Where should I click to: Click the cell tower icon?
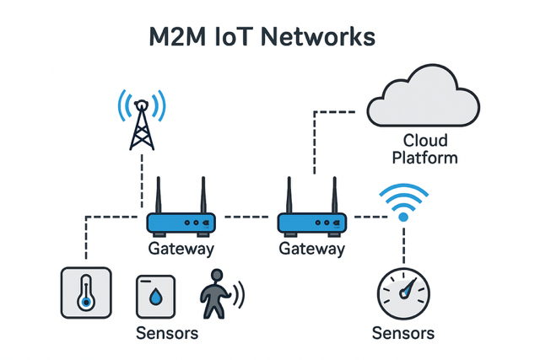click(x=142, y=126)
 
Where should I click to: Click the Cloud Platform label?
click(x=429, y=148)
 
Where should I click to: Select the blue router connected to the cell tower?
click(x=181, y=222)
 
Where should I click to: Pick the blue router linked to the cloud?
click(x=311, y=222)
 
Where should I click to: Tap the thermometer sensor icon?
click(x=86, y=294)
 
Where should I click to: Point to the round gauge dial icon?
click(x=403, y=294)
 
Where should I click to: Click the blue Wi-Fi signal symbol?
click(x=403, y=201)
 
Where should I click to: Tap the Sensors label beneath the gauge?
click(x=403, y=333)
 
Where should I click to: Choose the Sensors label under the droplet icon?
click(x=167, y=333)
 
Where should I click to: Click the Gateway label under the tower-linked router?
click(x=181, y=250)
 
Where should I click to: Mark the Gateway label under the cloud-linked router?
click(x=311, y=250)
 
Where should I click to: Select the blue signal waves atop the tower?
click(x=142, y=105)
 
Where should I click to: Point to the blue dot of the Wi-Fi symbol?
click(x=403, y=217)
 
